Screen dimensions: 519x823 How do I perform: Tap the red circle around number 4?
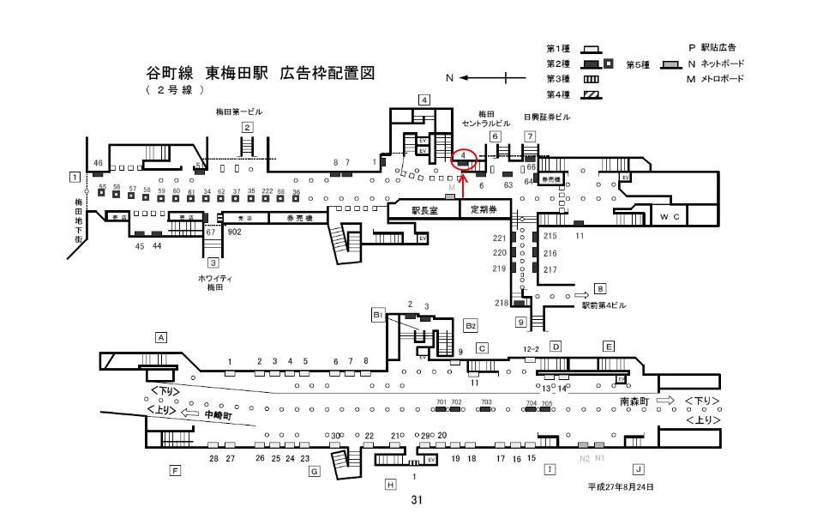[463, 158]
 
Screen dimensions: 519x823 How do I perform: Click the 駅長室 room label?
[424, 210]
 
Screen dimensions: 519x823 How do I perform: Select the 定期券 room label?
[485, 210]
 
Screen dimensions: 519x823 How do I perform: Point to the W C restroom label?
[670, 217]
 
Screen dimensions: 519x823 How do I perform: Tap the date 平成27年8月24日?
[620, 486]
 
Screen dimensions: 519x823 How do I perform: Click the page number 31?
[417, 500]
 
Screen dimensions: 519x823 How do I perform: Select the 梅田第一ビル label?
[239, 112]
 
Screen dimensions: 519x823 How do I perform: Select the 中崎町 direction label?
[219, 414]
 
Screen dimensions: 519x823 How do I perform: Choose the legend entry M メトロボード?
[714, 79]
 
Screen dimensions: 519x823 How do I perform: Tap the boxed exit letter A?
[160, 337]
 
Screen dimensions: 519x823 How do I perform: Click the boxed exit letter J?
[638, 469]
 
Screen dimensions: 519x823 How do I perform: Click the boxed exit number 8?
[601, 289]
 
